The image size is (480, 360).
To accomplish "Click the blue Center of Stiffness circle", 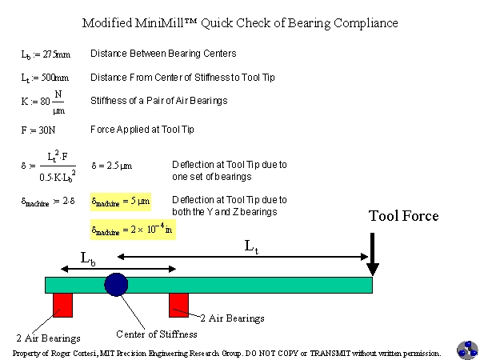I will click(116, 285).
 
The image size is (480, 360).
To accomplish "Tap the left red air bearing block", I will click(62, 305).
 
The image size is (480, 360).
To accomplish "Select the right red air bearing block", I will click(178, 305).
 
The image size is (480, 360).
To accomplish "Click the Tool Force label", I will click(403, 216).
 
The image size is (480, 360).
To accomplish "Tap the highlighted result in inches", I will click(131, 230).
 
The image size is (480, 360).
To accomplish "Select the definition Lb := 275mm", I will click(45, 55).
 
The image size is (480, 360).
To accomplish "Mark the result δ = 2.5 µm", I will click(111, 166).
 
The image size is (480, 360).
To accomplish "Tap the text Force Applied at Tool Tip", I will click(142, 129).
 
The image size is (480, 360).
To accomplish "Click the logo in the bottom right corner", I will click(466, 349).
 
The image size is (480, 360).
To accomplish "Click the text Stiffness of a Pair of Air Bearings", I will click(158, 100).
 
